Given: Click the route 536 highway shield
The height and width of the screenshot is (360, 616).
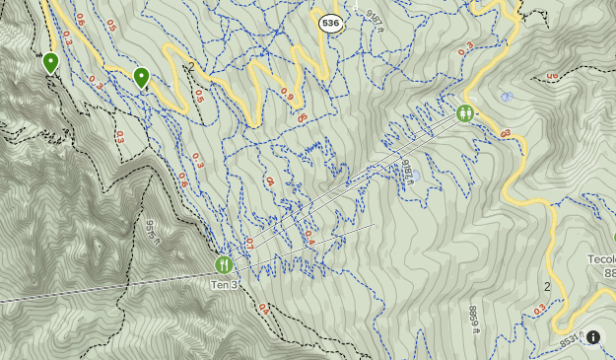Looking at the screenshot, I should pos(331,21).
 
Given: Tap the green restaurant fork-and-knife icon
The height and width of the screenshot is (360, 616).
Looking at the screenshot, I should pos(224,264).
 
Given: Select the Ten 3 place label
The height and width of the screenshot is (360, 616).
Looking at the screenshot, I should pos(224,285).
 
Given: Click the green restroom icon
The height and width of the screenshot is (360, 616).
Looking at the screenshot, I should pos(465,113).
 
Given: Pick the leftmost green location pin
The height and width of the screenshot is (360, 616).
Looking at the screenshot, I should pos(50,63).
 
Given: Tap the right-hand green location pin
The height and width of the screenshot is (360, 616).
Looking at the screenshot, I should pos(142,77).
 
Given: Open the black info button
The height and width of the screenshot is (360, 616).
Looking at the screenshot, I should pos(593,337).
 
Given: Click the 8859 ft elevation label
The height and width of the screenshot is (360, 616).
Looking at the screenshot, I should pos(472,319).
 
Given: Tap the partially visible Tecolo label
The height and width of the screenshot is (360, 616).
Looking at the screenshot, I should pos(601,258).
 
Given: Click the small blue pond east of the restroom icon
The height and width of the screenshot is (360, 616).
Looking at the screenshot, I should pos(507,97).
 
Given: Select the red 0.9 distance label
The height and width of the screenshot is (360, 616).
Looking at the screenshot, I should pos(287,94).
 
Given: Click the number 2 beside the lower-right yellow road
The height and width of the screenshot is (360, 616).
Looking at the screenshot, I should pos(547,286).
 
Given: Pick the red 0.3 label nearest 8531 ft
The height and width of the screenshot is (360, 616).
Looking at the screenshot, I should pos(538,311).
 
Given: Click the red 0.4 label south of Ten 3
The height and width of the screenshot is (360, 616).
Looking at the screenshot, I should pos(263,309).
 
